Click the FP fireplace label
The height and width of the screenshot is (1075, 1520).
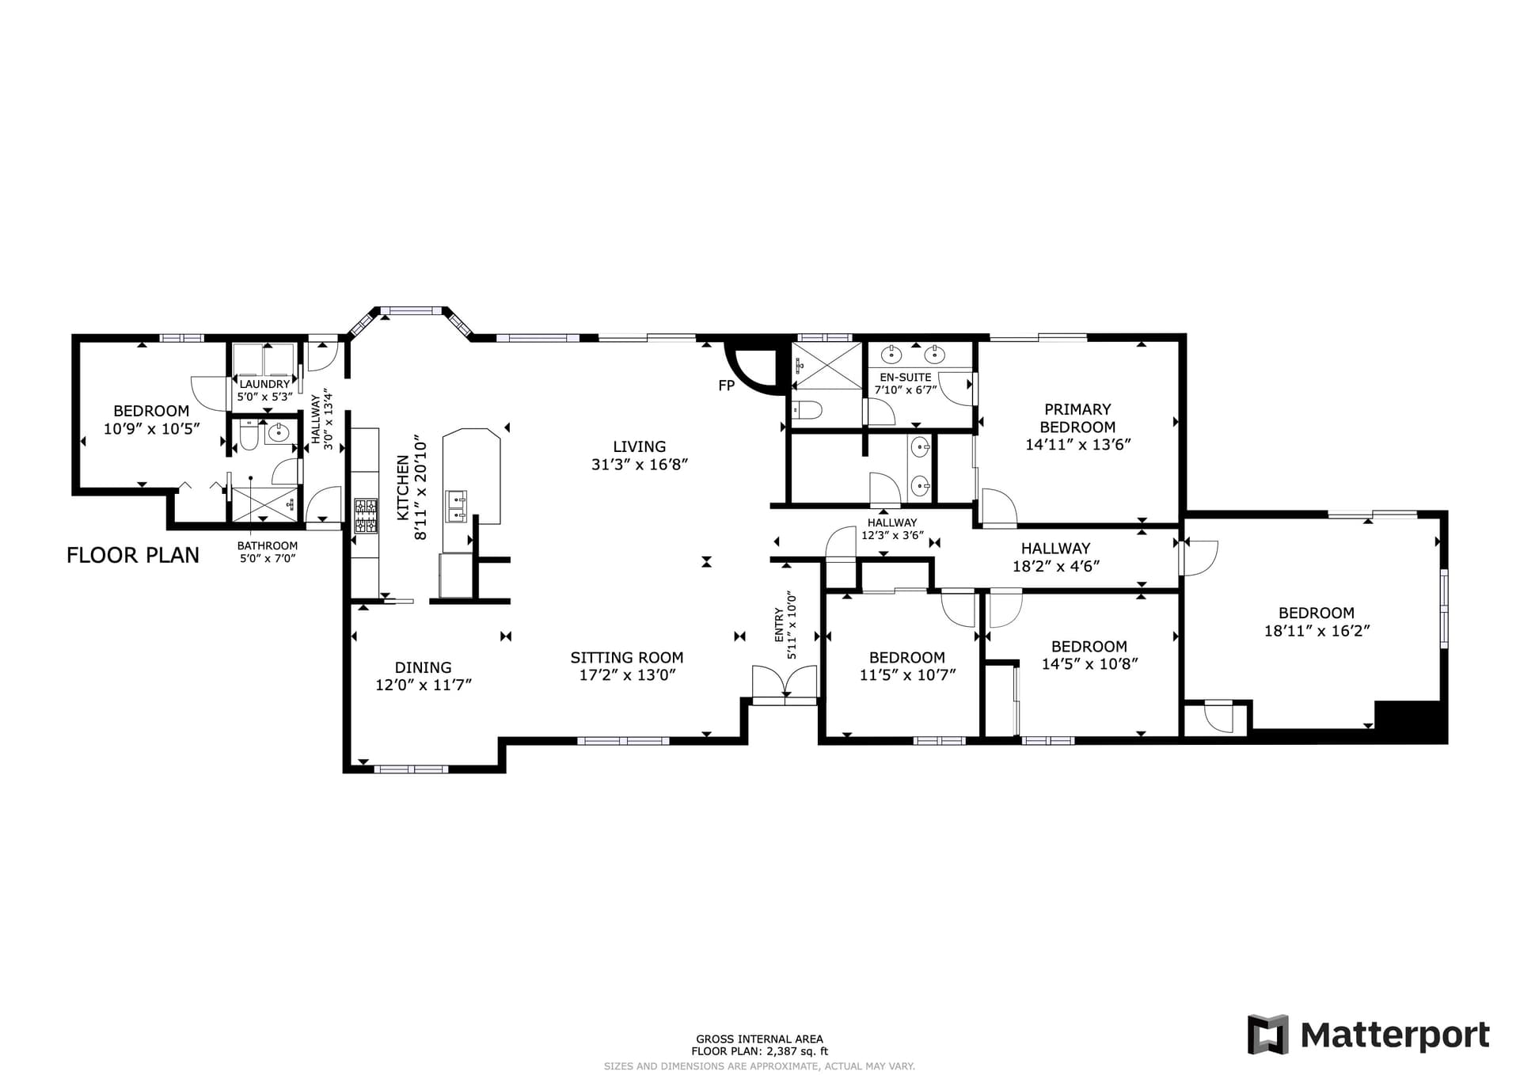coord(726,386)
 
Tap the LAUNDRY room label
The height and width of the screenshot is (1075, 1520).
coord(264,384)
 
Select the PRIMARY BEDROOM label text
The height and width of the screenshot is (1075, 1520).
coord(1077,418)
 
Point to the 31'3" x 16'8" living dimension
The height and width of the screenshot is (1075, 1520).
coord(640,465)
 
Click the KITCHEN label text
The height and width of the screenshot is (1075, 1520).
coord(403,488)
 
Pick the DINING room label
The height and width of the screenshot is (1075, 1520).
coord(424,667)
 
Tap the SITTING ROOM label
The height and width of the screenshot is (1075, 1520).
coord(627,657)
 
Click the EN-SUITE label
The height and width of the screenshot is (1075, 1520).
coord(906,378)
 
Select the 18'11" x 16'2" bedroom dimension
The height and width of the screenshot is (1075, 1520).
coord(1317,631)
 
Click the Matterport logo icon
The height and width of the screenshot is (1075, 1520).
coord(1267,1035)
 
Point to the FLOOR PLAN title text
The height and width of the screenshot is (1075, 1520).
coord(133,555)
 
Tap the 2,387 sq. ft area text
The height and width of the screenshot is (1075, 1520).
coord(795,1051)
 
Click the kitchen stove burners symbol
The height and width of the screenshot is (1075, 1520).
coord(366,515)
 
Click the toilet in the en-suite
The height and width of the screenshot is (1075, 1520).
coord(807,411)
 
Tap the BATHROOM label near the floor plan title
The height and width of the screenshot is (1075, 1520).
coord(268,545)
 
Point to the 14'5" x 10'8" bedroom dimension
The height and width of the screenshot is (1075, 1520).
coord(1089,664)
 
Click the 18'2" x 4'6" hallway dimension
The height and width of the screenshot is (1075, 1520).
coord(1056,566)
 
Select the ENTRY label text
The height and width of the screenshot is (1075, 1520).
coord(779,625)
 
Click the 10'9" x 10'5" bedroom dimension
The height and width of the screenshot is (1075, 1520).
coord(151,428)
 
